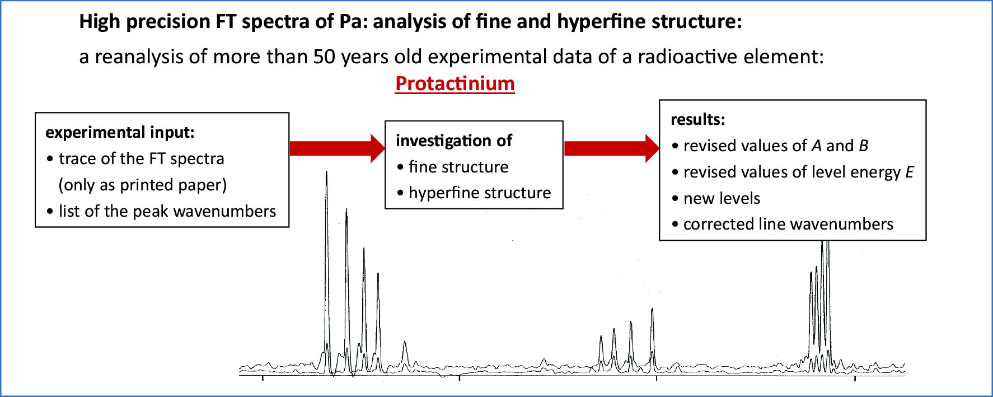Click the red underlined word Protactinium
tap(455, 83)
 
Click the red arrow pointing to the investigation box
tap(337, 148)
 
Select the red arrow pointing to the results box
tap(612, 148)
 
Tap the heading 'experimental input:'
tap(120, 132)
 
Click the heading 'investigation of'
tap(453, 141)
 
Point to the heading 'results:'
tap(697, 119)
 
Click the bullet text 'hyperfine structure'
tap(480, 193)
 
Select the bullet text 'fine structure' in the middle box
tap(458, 167)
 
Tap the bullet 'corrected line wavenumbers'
tap(788, 224)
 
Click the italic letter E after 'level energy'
tap(909, 172)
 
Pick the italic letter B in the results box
tap(864, 146)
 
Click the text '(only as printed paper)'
tap(143, 185)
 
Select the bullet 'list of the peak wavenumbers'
tap(167, 211)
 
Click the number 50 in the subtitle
tap(324, 57)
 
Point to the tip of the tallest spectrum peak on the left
tap(326, 172)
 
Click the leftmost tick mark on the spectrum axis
tap(263, 378)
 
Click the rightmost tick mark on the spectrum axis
tap(855, 378)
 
